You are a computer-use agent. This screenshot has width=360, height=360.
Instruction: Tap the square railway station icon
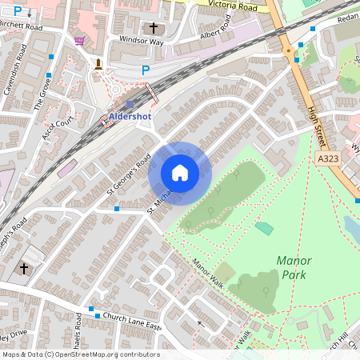pyautogui.click(x=130, y=104)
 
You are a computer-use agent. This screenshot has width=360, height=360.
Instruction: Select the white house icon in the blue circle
pyautogui.click(x=180, y=173)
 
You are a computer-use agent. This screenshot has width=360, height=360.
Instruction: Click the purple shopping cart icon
pyautogui.click(x=79, y=40)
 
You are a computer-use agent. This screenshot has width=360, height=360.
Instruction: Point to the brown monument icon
pyautogui.click(x=98, y=64)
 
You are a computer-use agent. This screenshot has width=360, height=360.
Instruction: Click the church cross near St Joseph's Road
pyautogui.click(x=23, y=269)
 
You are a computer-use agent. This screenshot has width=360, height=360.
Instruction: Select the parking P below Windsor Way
pyautogui.click(x=145, y=70)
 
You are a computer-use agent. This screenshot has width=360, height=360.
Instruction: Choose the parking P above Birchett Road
pyautogui.click(x=18, y=13)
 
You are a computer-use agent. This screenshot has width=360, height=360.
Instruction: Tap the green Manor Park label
pyautogui.click(x=293, y=267)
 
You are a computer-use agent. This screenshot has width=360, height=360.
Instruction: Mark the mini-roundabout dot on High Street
pyautogui.click(x=287, y=50)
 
